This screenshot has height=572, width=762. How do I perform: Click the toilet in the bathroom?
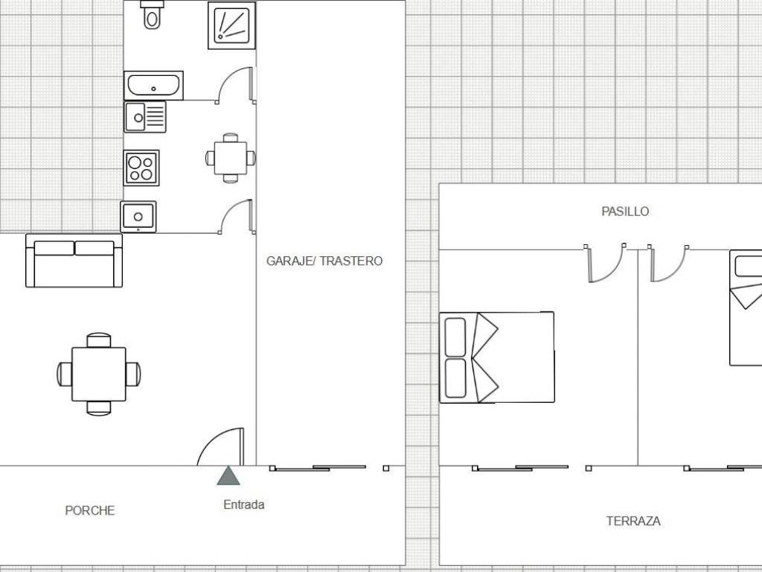pyautogui.click(x=152, y=15)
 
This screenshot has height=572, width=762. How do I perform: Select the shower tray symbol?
pyautogui.click(x=232, y=26)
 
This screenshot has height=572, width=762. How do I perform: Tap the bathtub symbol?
pyautogui.click(x=153, y=86)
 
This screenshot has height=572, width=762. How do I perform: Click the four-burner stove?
pyautogui.click(x=141, y=168)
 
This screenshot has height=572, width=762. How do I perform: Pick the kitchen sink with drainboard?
pyautogui.click(x=145, y=117)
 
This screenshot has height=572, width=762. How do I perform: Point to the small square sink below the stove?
pyautogui.click(x=138, y=217)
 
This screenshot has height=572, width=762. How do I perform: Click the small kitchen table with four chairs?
pyautogui.click(x=231, y=158)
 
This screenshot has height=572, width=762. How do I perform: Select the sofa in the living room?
pyautogui.click(x=74, y=261)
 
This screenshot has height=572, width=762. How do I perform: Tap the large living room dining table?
pyautogui.click(x=99, y=374)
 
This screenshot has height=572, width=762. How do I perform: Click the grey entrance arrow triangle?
pyautogui.click(x=228, y=476)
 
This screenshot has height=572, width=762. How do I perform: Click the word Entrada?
pyautogui.click(x=244, y=505)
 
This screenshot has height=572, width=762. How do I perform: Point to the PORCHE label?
pyautogui.click(x=90, y=511)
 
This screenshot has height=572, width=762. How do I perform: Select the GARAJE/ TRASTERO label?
pyautogui.click(x=324, y=261)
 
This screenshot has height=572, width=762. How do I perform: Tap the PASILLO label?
pyautogui.click(x=625, y=212)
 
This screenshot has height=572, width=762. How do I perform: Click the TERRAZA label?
pyautogui.click(x=633, y=521)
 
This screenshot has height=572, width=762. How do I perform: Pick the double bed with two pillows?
pyautogui.click(x=496, y=357)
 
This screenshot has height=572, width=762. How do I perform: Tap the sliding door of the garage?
pyautogui.click(x=318, y=468)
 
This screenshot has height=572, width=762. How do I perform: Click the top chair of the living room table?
pyautogui.click(x=99, y=340)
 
